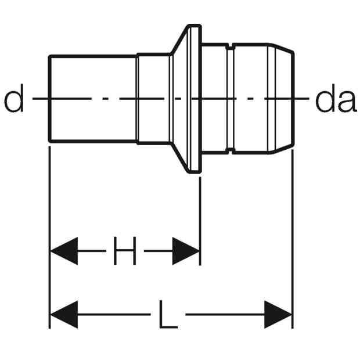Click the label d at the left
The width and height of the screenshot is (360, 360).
click(x=14, y=98)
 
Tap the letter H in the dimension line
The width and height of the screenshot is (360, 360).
click(x=125, y=251)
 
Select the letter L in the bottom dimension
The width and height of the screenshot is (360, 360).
click(x=168, y=314)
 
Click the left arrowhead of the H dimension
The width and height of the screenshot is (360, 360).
click(x=64, y=251)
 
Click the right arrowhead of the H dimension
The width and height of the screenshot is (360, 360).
click(x=186, y=251)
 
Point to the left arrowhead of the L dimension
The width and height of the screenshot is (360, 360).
click(x=64, y=315)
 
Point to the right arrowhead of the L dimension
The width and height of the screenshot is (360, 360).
click(x=278, y=315)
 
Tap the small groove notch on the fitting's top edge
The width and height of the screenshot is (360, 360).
click(x=231, y=46)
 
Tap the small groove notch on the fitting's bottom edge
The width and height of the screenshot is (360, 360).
click(x=231, y=151)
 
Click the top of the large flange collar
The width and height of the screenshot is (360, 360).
click(x=195, y=25)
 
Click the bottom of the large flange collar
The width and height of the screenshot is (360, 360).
click(x=195, y=172)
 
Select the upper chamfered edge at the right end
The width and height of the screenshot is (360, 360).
click(x=282, y=48)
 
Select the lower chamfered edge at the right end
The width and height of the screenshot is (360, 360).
click(x=282, y=149)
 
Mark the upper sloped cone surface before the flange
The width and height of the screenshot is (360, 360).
click(x=179, y=39)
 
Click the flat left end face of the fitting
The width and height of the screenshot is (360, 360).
click(x=49, y=99)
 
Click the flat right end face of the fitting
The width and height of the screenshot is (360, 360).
click(x=293, y=99)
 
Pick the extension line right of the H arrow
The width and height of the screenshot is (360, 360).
click(x=200, y=221)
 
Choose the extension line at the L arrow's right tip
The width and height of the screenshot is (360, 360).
click(x=292, y=239)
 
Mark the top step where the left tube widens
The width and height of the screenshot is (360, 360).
click(x=137, y=55)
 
